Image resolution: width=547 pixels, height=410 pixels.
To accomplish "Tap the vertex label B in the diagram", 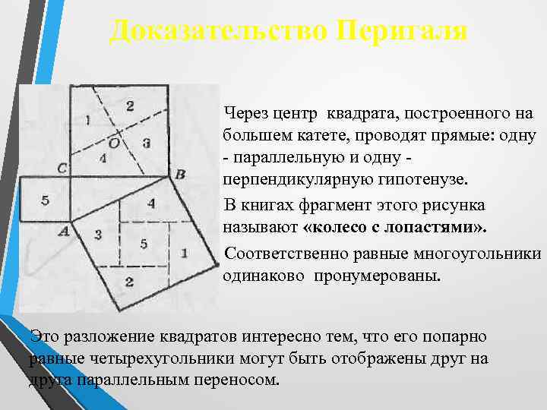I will (180, 175).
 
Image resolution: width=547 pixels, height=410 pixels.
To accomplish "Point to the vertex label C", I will (62, 167).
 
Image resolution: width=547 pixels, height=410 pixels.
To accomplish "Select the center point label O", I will (113, 142).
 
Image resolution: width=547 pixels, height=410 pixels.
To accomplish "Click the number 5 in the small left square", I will (45, 200).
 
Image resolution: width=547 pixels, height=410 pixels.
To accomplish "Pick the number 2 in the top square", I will (130, 105).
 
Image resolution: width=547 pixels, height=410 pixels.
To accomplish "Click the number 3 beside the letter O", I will (146, 142).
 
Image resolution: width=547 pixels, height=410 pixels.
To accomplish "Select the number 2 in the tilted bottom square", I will (129, 282).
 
